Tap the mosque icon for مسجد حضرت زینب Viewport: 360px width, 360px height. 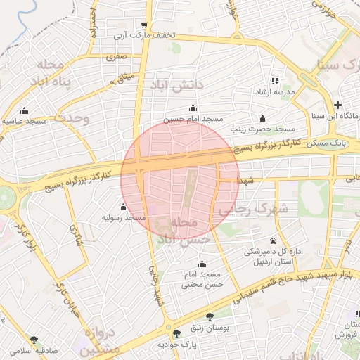point(263,117)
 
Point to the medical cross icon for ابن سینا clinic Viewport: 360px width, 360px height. point(338,105)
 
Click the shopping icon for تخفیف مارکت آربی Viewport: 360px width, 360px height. point(144,24)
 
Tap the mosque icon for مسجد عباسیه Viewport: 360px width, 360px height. point(25,110)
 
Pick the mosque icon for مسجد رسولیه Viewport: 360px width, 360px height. point(123,207)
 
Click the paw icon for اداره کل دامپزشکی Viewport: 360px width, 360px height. point(273,240)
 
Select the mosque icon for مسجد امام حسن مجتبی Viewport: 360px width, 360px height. point(202,264)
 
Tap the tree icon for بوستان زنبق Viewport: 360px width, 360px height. point(210,316)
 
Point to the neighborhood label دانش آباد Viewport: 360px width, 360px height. point(175,85)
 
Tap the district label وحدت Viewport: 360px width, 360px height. point(74,117)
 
